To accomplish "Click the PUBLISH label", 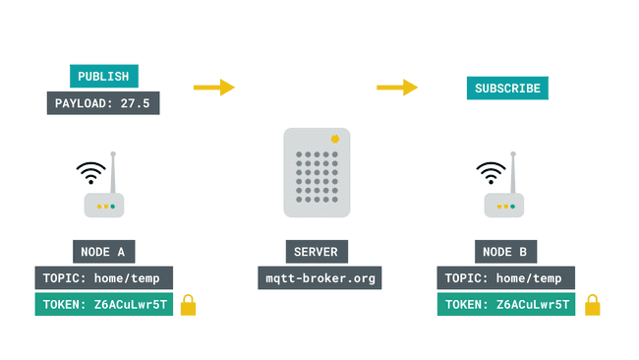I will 103,76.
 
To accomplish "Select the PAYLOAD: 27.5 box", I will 103,102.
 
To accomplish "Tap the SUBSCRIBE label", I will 507,89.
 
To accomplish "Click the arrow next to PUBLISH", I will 213,88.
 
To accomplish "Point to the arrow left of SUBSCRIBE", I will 397,88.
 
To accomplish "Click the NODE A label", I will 103,252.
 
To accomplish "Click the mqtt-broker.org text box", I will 319,278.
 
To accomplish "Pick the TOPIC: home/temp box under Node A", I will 103,278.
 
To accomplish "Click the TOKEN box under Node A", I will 103,305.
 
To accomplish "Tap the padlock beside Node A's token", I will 188,306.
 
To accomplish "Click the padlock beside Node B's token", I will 593,306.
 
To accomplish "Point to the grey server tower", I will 317,172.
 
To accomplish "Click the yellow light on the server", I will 336,139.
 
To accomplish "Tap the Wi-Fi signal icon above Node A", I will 91,173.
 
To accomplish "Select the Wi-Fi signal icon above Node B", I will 490,173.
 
